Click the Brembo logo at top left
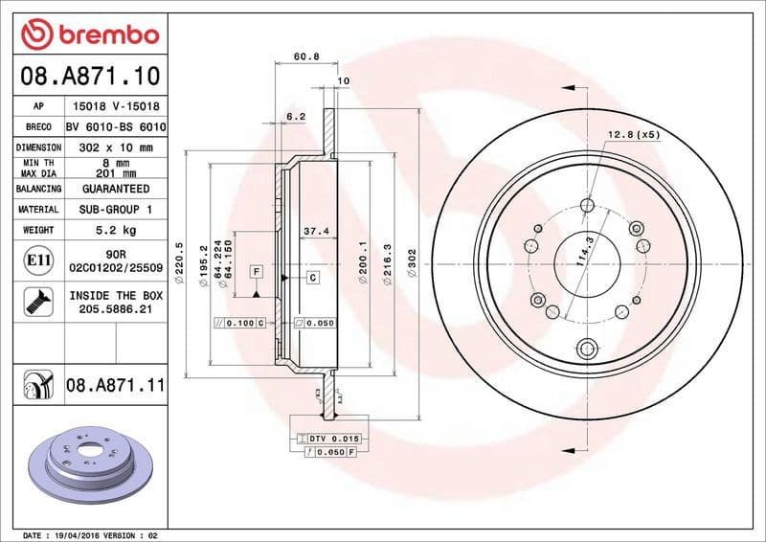(x=89, y=34)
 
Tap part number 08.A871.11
(x=116, y=386)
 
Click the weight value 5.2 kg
(x=116, y=230)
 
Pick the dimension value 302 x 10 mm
(x=116, y=147)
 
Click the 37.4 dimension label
(x=316, y=231)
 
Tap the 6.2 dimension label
(x=296, y=117)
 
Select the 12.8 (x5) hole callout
(x=633, y=135)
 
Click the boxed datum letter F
(x=257, y=272)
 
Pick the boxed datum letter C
(x=312, y=277)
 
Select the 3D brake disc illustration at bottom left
(x=91, y=462)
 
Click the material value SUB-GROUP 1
(x=116, y=209)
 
